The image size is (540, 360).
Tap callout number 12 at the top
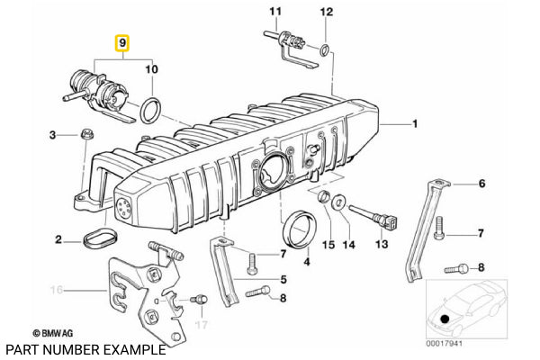pos(327,12)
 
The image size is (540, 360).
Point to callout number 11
pos(277,12)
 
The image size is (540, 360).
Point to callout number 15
pos(328,245)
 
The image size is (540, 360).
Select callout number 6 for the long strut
pos(481,184)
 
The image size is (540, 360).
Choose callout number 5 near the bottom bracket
pos(283,279)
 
